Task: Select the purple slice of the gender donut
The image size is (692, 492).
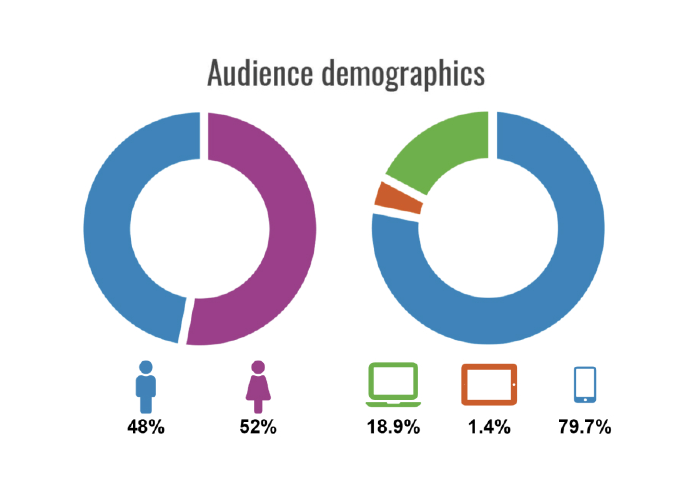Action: coord(292,231)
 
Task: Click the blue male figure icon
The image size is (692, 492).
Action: coord(146,386)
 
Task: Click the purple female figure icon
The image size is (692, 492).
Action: coord(258,386)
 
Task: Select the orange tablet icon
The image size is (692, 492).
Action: coord(489,384)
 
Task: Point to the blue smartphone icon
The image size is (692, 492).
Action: coord(585,384)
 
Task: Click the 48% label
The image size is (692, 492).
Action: coord(146,426)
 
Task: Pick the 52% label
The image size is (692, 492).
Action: coord(258,426)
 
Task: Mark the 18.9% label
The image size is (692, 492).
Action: coord(393,426)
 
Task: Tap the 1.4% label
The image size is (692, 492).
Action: coord(489,426)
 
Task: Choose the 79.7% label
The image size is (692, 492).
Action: coord(585,426)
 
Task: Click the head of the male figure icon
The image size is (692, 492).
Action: coord(146,367)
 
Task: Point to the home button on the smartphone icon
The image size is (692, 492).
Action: coord(585,400)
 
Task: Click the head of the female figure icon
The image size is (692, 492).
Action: coord(258,367)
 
